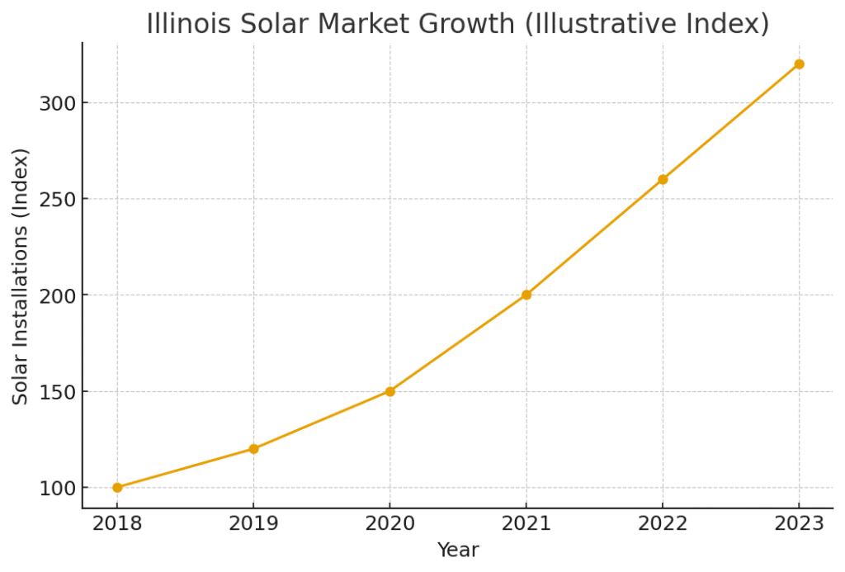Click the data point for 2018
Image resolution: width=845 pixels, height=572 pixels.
click(x=117, y=487)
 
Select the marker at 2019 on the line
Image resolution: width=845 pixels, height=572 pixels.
click(x=253, y=449)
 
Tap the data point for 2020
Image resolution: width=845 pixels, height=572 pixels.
click(x=389, y=391)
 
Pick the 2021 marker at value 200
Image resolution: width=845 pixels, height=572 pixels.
click(x=526, y=295)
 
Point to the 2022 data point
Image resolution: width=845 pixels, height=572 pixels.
click(x=663, y=179)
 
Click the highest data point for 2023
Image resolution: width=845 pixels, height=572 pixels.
click(x=799, y=64)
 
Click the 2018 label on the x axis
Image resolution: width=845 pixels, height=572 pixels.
click(x=117, y=524)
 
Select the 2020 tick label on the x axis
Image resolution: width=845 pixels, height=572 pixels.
click(x=389, y=524)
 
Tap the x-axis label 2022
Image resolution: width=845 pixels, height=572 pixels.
click(x=663, y=524)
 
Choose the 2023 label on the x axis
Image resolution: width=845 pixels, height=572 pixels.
click(x=799, y=524)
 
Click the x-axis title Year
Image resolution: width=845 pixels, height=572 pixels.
click(x=458, y=550)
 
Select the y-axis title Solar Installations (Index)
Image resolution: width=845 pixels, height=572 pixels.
click(x=21, y=276)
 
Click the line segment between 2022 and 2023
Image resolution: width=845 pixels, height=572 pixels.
click(x=730, y=122)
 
